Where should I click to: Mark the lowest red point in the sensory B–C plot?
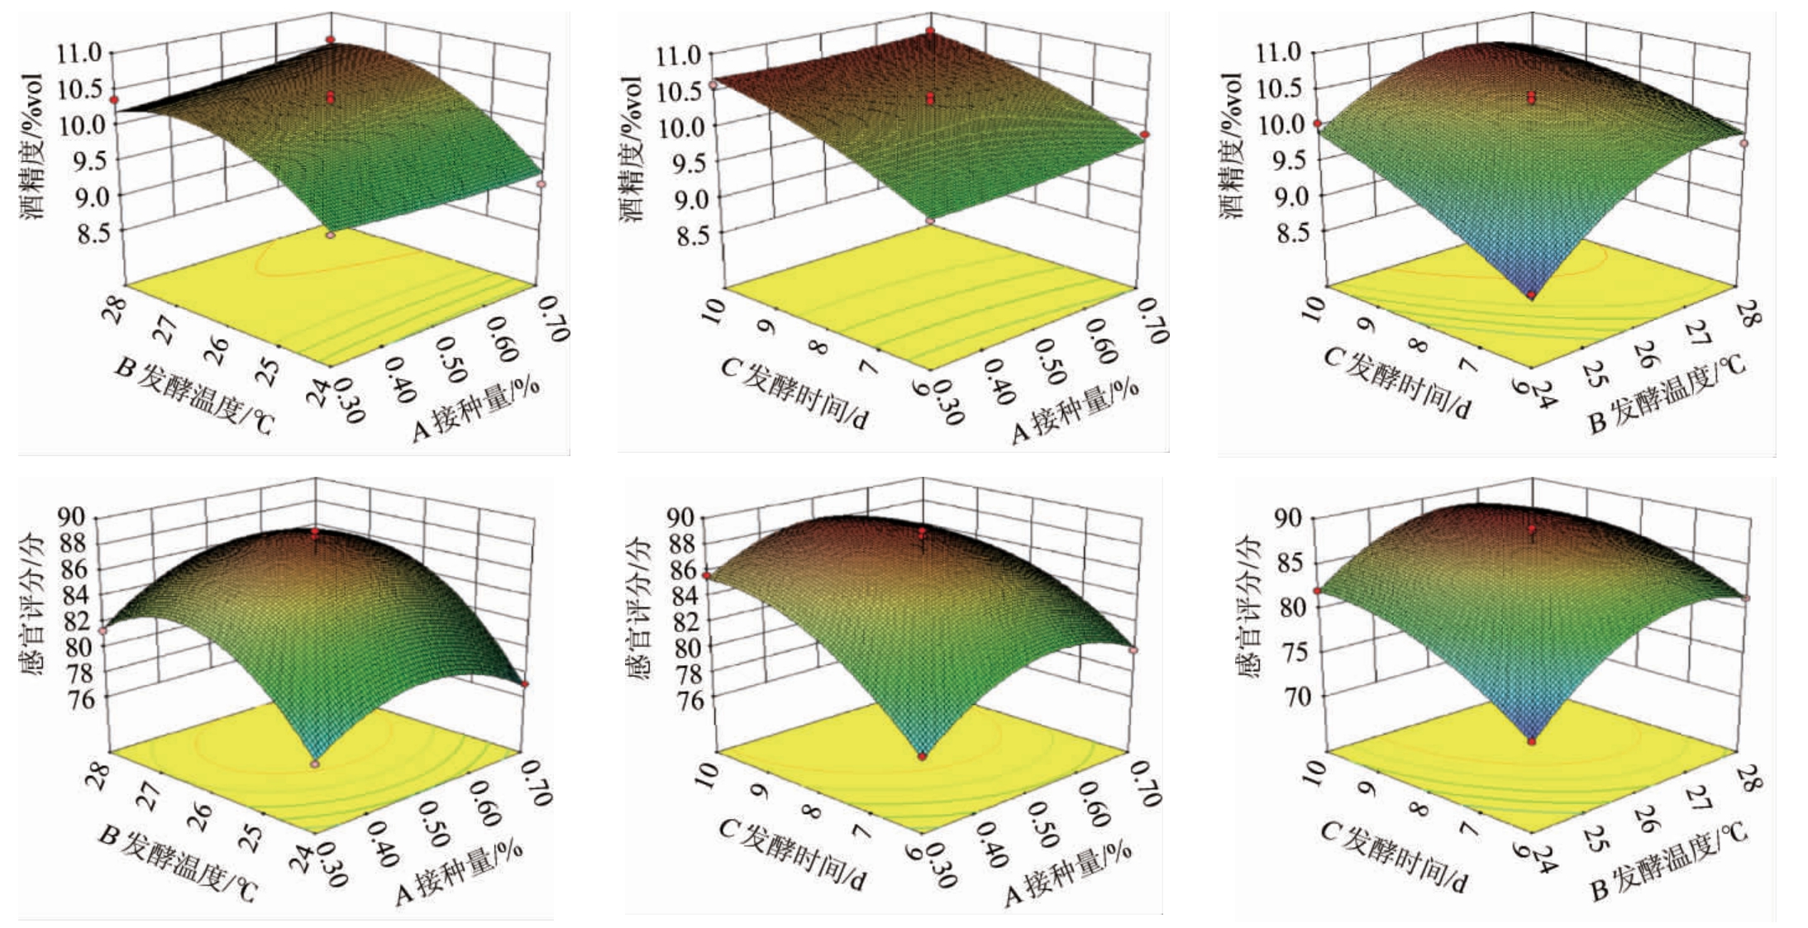(1532, 741)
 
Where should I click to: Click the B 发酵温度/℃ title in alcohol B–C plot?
(1666, 393)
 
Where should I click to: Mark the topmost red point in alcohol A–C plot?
(930, 31)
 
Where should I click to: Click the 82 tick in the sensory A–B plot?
(79, 621)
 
